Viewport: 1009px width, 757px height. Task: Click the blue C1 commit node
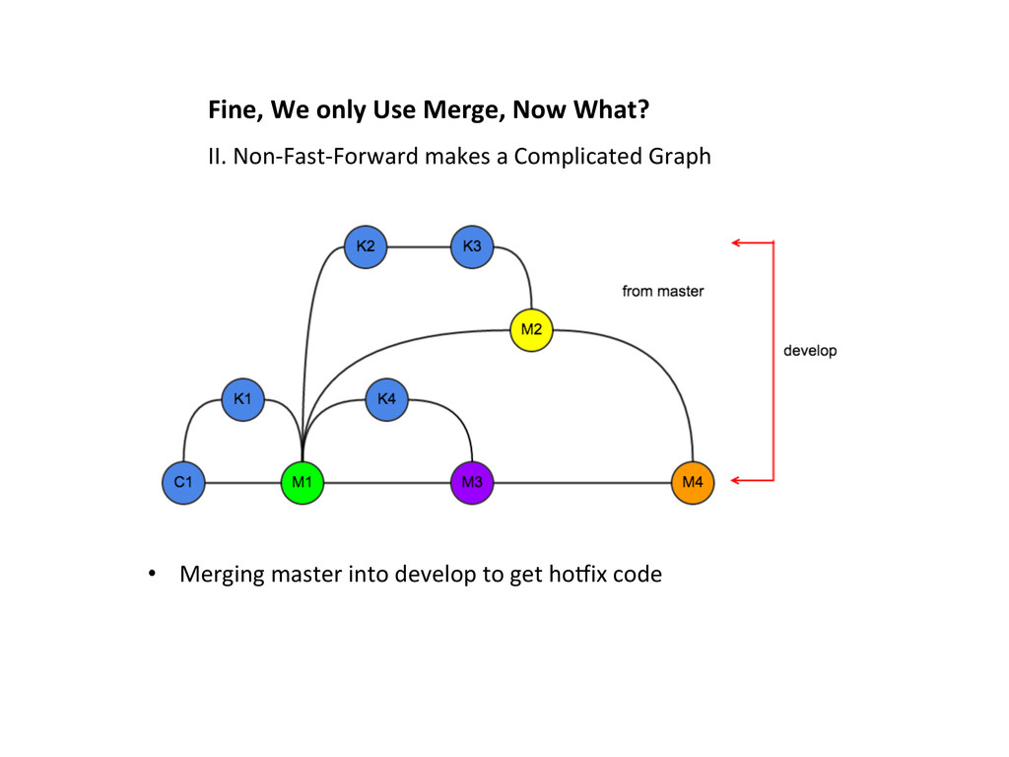point(183,483)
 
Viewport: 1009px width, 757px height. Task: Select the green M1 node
point(302,483)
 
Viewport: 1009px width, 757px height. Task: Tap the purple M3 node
point(471,483)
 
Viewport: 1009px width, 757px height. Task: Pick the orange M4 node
point(693,483)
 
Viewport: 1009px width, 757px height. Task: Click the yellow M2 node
point(531,330)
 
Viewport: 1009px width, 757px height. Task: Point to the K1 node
point(242,399)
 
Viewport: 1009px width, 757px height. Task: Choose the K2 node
point(366,246)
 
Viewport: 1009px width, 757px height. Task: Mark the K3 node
point(472,246)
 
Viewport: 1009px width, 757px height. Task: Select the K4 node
point(386,399)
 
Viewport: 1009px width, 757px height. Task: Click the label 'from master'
point(663,291)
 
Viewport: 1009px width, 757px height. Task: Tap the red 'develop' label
point(810,350)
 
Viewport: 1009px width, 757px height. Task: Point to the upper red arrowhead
point(736,241)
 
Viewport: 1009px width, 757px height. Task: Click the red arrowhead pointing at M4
point(736,480)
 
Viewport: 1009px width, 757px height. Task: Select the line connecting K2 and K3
point(419,246)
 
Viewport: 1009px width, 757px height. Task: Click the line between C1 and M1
point(242,483)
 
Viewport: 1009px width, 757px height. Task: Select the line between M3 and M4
point(581,483)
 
